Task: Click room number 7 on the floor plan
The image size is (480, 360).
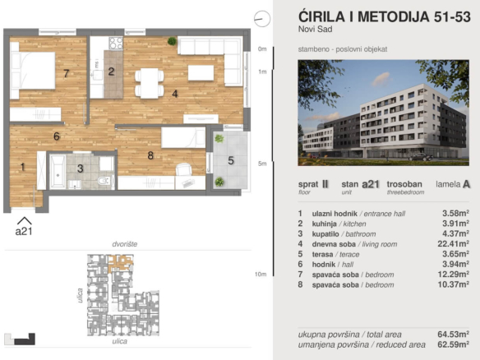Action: pyautogui.click(x=66, y=73)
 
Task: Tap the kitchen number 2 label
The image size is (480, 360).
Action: pyautogui.click(x=111, y=72)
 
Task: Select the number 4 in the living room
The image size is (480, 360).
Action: pyautogui.click(x=174, y=94)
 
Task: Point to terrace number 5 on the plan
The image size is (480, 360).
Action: pyautogui.click(x=231, y=160)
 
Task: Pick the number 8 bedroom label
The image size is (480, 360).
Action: pyautogui.click(x=150, y=154)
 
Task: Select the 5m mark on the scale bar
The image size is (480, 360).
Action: pyautogui.click(x=262, y=164)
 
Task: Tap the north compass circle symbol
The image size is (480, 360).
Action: pyautogui.click(x=262, y=17)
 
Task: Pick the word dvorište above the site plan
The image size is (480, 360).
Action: pyautogui.click(x=125, y=245)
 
